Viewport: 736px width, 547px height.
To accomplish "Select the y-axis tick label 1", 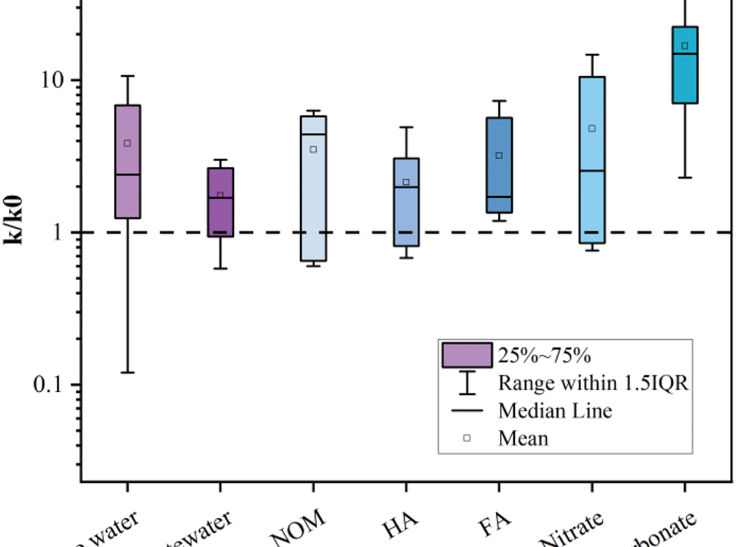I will [x=65, y=232].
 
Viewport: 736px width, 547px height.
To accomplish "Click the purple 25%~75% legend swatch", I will [x=466, y=355].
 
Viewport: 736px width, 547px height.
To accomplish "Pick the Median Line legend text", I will [x=554, y=411].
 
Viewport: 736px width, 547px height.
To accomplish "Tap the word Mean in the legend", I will [x=523, y=438].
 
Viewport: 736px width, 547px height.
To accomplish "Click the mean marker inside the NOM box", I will [x=313, y=149].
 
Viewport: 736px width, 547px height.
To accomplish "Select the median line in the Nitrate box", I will [x=592, y=171].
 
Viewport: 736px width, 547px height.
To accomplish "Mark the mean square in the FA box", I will [x=499, y=155].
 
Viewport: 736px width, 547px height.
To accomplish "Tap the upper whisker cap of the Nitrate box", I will [x=592, y=55].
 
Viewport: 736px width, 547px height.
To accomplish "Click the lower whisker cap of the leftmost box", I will [x=128, y=372].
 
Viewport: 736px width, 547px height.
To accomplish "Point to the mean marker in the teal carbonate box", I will [x=684, y=46].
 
